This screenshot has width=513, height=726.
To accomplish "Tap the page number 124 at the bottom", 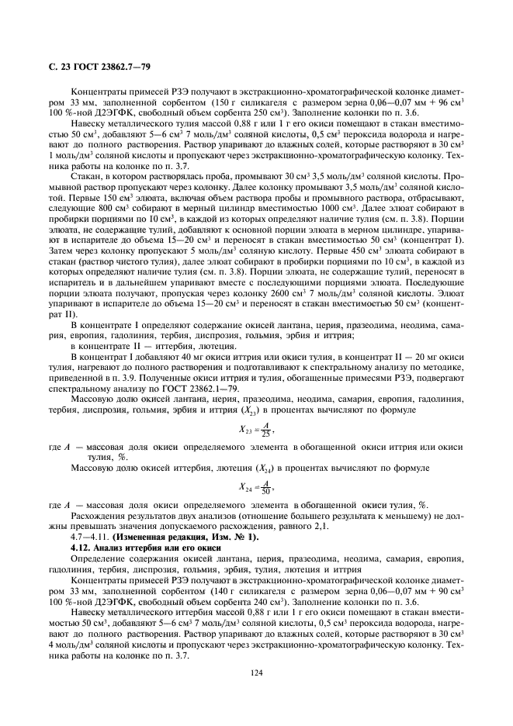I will point(256,672).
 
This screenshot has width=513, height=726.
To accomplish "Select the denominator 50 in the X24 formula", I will point(266,492).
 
